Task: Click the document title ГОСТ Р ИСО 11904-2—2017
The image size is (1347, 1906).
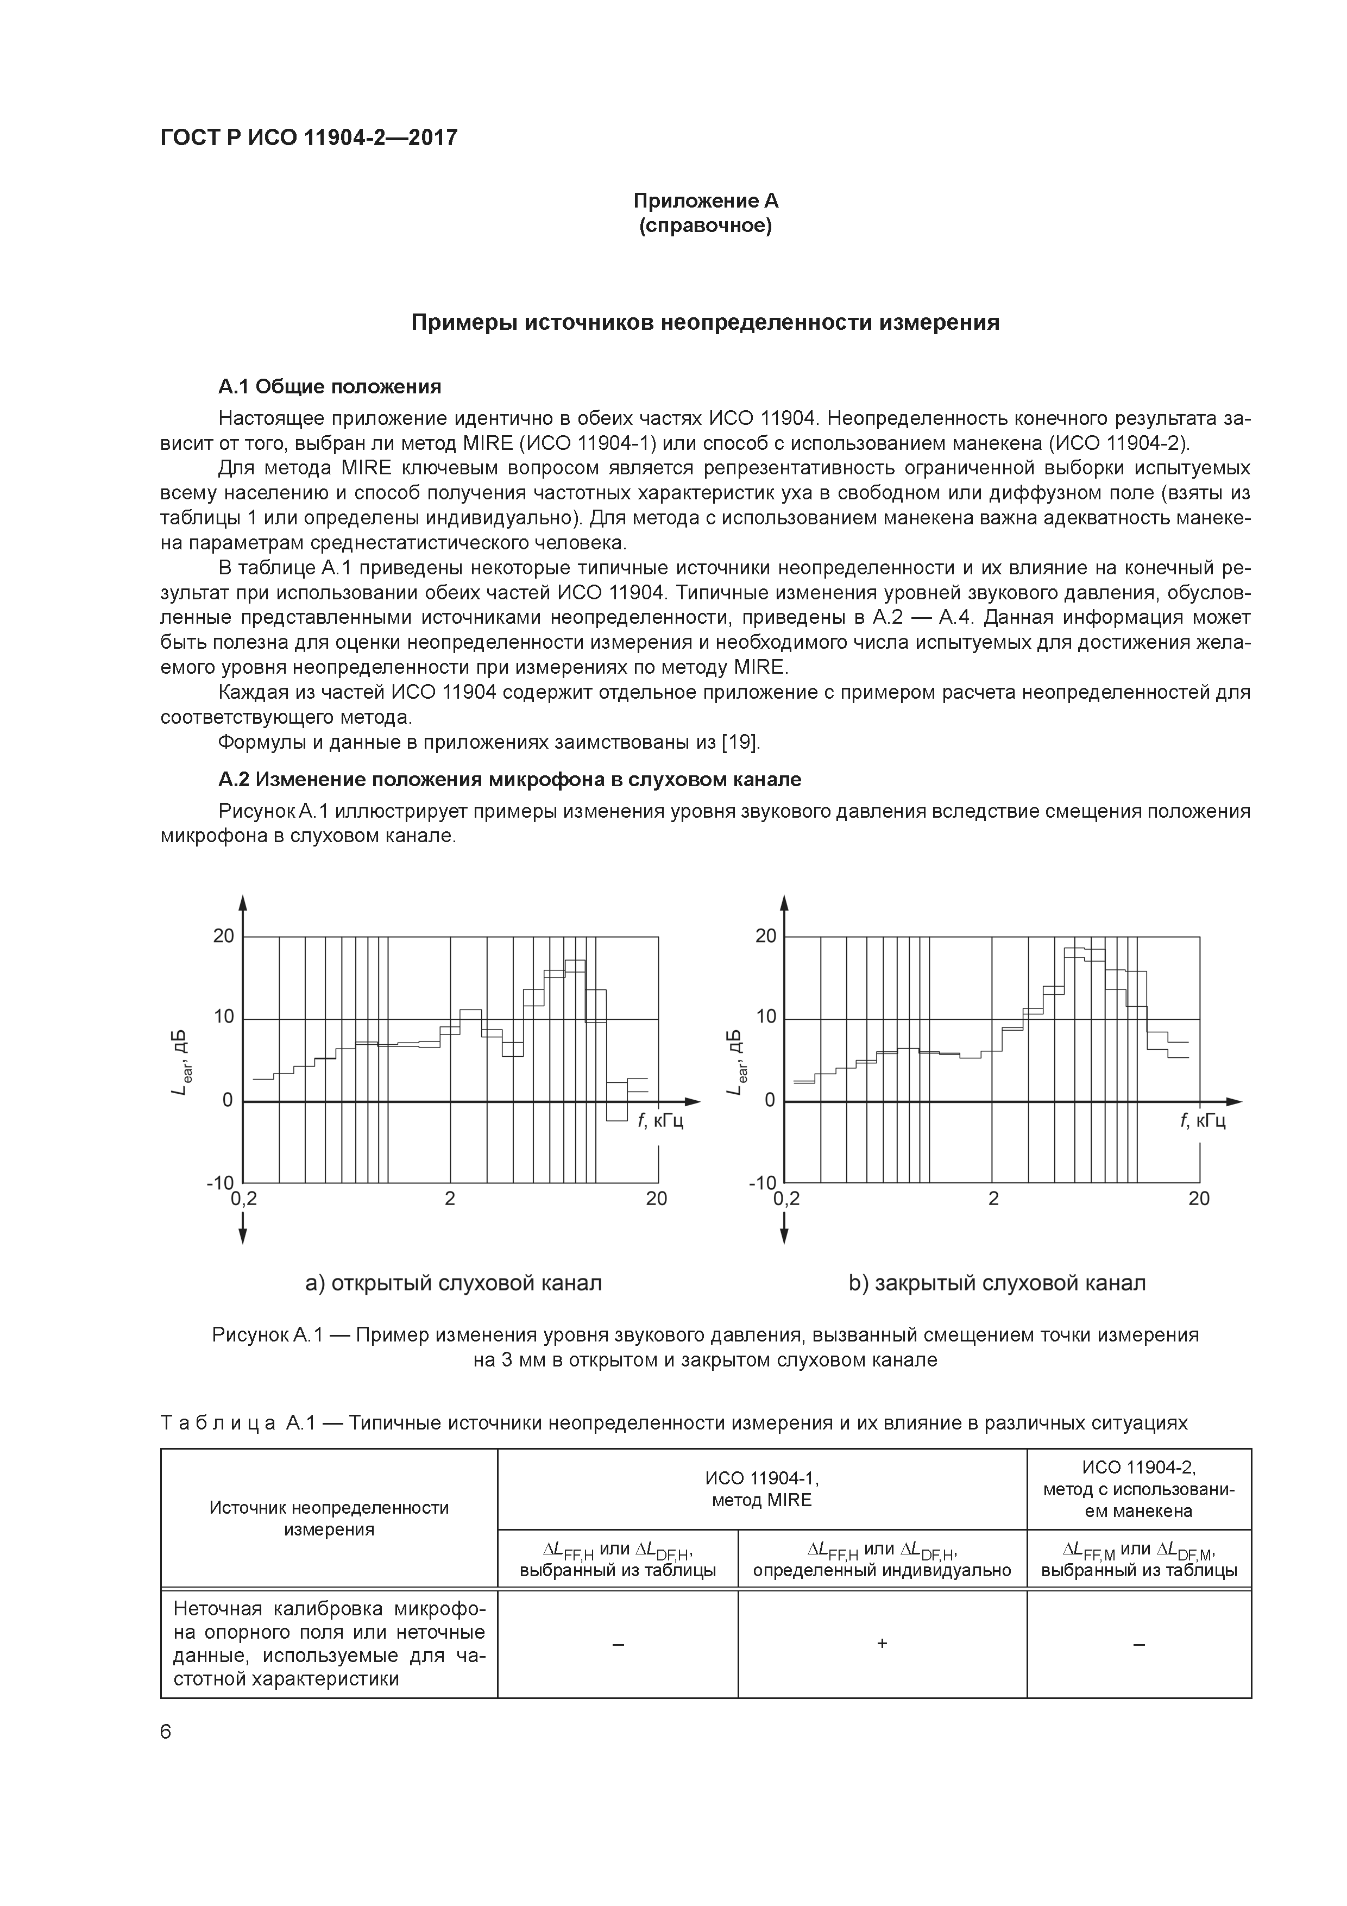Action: [308, 138]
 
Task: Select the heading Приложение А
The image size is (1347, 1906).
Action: [706, 201]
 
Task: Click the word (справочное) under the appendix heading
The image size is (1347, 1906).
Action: [706, 226]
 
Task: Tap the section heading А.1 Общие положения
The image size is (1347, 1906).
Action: [330, 387]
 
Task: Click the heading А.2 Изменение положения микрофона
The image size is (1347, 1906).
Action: [509, 780]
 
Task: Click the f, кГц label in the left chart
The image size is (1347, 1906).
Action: [660, 1121]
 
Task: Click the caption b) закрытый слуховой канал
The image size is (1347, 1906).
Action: [997, 1283]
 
